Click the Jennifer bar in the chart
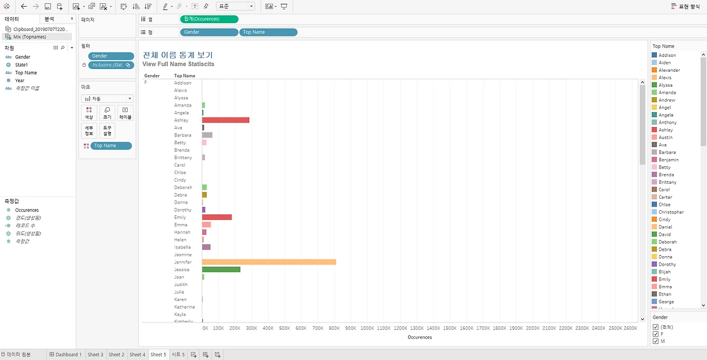click(x=269, y=262)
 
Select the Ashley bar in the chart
click(x=226, y=120)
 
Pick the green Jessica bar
click(x=221, y=269)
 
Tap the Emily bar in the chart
click(x=217, y=217)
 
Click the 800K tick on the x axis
click(x=334, y=328)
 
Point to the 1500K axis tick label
click(x=450, y=328)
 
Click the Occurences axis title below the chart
click(x=419, y=337)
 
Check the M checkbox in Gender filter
click(x=656, y=341)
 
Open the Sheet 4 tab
click(x=138, y=354)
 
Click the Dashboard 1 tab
click(x=66, y=354)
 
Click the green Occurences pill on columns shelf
click(x=209, y=19)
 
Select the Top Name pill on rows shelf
click(x=268, y=32)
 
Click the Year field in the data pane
click(x=19, y=81)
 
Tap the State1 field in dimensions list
click(x=21, y=65)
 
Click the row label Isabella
click(x=182, y=247)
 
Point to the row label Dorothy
click(x=183, y=210)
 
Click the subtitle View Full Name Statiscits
click(x=178, y=64)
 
